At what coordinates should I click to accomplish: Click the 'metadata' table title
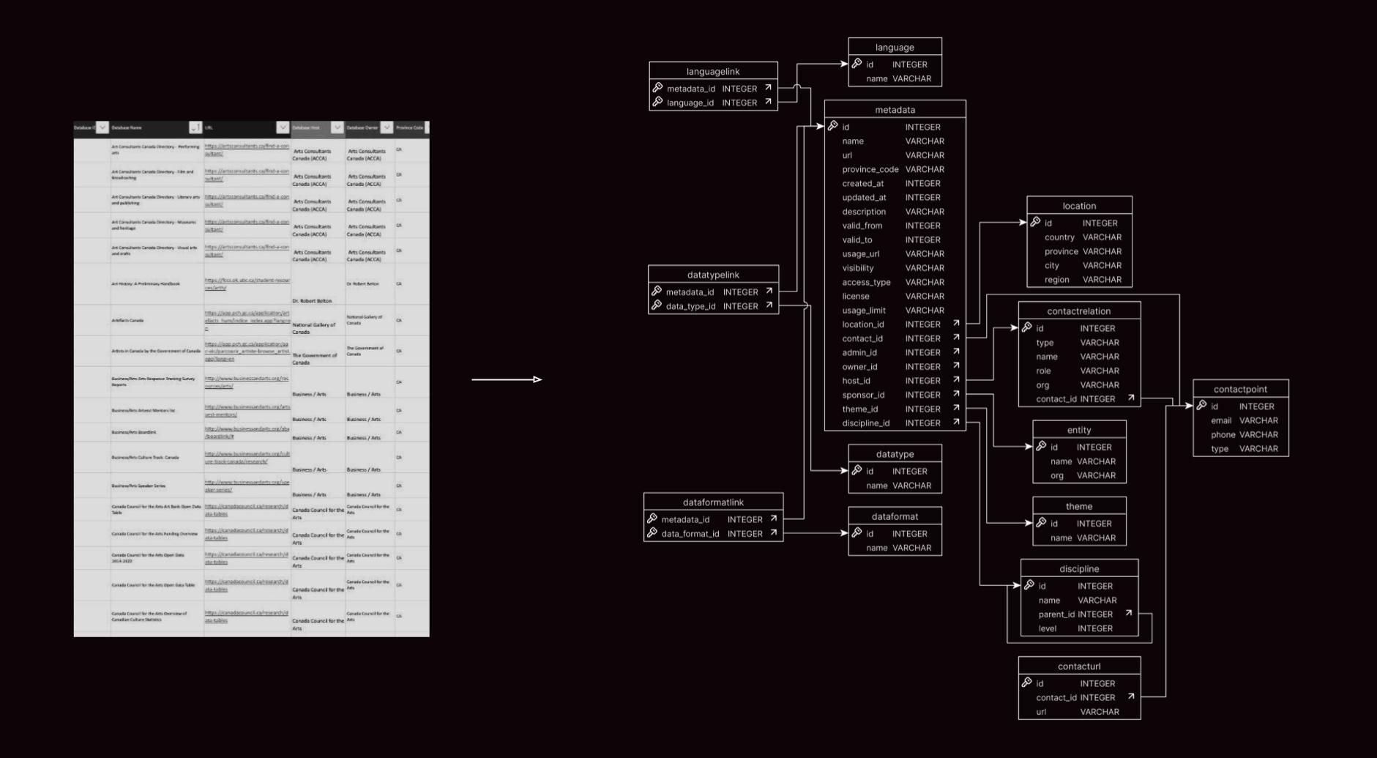pos(895,110)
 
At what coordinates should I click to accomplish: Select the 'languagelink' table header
pos(713,72)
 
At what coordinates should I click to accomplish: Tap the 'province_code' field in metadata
pos(870,169)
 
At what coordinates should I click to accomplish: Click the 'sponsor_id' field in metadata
pos(863,395)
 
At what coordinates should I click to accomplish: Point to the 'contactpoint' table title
pos(1240,390)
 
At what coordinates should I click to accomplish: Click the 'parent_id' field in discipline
pos(1056,614)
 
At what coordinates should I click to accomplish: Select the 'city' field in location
pos(1052,266)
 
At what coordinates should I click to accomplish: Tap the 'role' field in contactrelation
pos(1043,371)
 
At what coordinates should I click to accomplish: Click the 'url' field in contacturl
pos(1041,712)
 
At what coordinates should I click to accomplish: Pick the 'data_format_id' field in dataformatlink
pos(690,534)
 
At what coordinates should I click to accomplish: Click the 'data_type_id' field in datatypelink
pos(691,306)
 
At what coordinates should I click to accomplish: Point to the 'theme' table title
pos(1079,507)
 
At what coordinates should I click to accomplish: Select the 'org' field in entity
pos(1057,476)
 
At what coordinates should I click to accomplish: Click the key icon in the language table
pos(857,64)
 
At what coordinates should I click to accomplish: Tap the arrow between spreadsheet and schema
pos(507,379)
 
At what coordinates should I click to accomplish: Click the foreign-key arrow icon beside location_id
pos(956,324)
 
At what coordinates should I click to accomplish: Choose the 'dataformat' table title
pos(895,517)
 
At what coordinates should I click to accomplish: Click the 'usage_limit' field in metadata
pos(864,311)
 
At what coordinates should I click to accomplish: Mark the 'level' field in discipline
pos(1048,628)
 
